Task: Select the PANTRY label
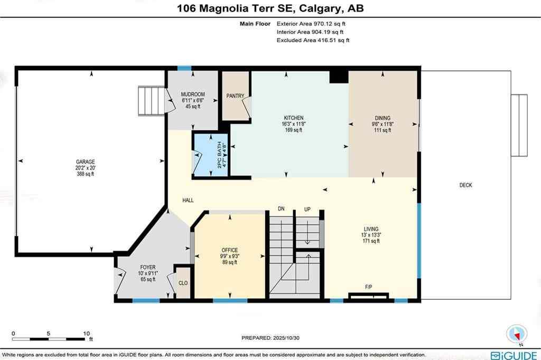point(235,96)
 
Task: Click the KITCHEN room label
point(293,118)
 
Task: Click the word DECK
point(465,185)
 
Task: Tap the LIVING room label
point(370,229)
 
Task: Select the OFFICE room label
point(229,250)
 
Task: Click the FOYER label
point(147,268)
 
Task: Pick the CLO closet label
point(183,283)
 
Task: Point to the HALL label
point(188,201)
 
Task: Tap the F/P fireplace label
point(369,287)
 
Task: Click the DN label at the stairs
point(282,210)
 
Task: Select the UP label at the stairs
point(307,210)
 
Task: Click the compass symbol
point(517,334)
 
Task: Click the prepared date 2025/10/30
point(278,338)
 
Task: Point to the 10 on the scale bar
point(86,334)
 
